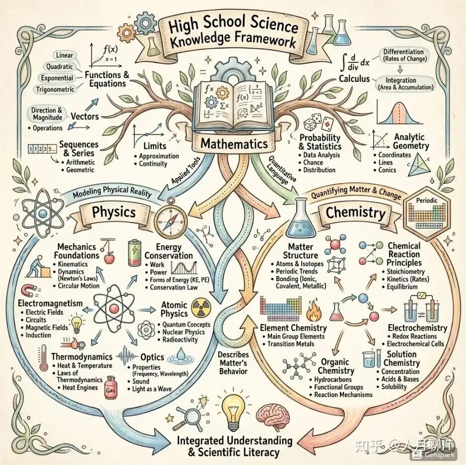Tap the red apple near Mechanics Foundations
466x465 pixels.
pyautogui.click(x=108, y=259)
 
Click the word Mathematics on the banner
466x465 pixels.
pyautogui.click(x=234, y=144)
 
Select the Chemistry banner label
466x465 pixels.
pyautogui.click(x=355, y=212)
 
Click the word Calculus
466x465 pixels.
pyautogui.click(x=354, y=79)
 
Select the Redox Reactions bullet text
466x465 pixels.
pyautogui.click(x=414, y=336)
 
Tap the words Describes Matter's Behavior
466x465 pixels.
pyautogui.click(x=233, y=363)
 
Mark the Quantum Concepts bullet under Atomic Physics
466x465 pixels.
pyautogui.click(x=185, y=324)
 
